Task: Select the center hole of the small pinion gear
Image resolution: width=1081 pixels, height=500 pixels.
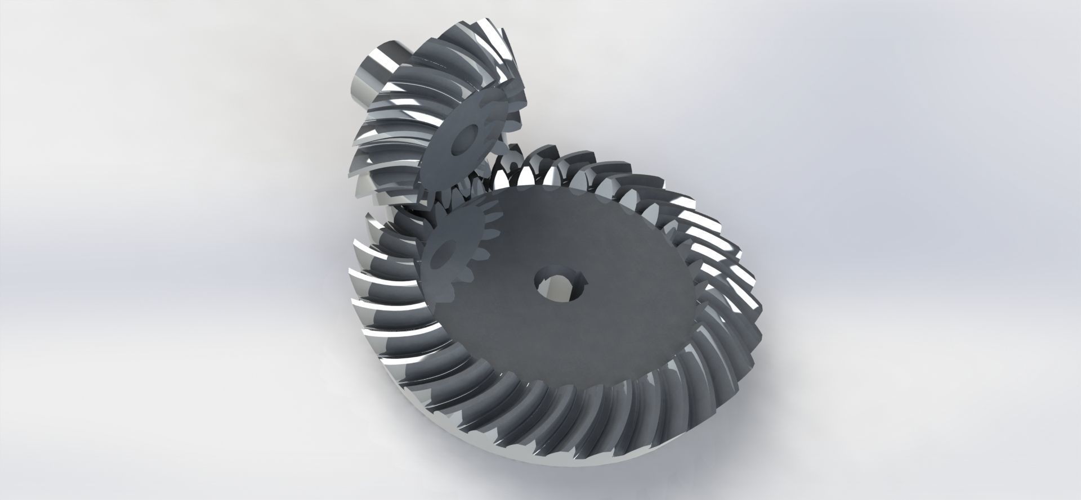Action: pos(467,137)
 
